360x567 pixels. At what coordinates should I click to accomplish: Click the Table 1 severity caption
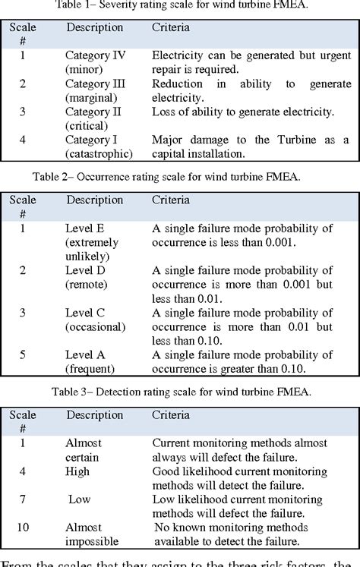point(179,7)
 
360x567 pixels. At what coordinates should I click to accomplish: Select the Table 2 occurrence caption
point(179,176)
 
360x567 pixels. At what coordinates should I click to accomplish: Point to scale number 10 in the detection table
point(23,527)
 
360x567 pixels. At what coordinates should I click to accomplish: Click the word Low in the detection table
point(80,499)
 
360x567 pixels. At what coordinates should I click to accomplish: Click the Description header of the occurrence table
point(94,200)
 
